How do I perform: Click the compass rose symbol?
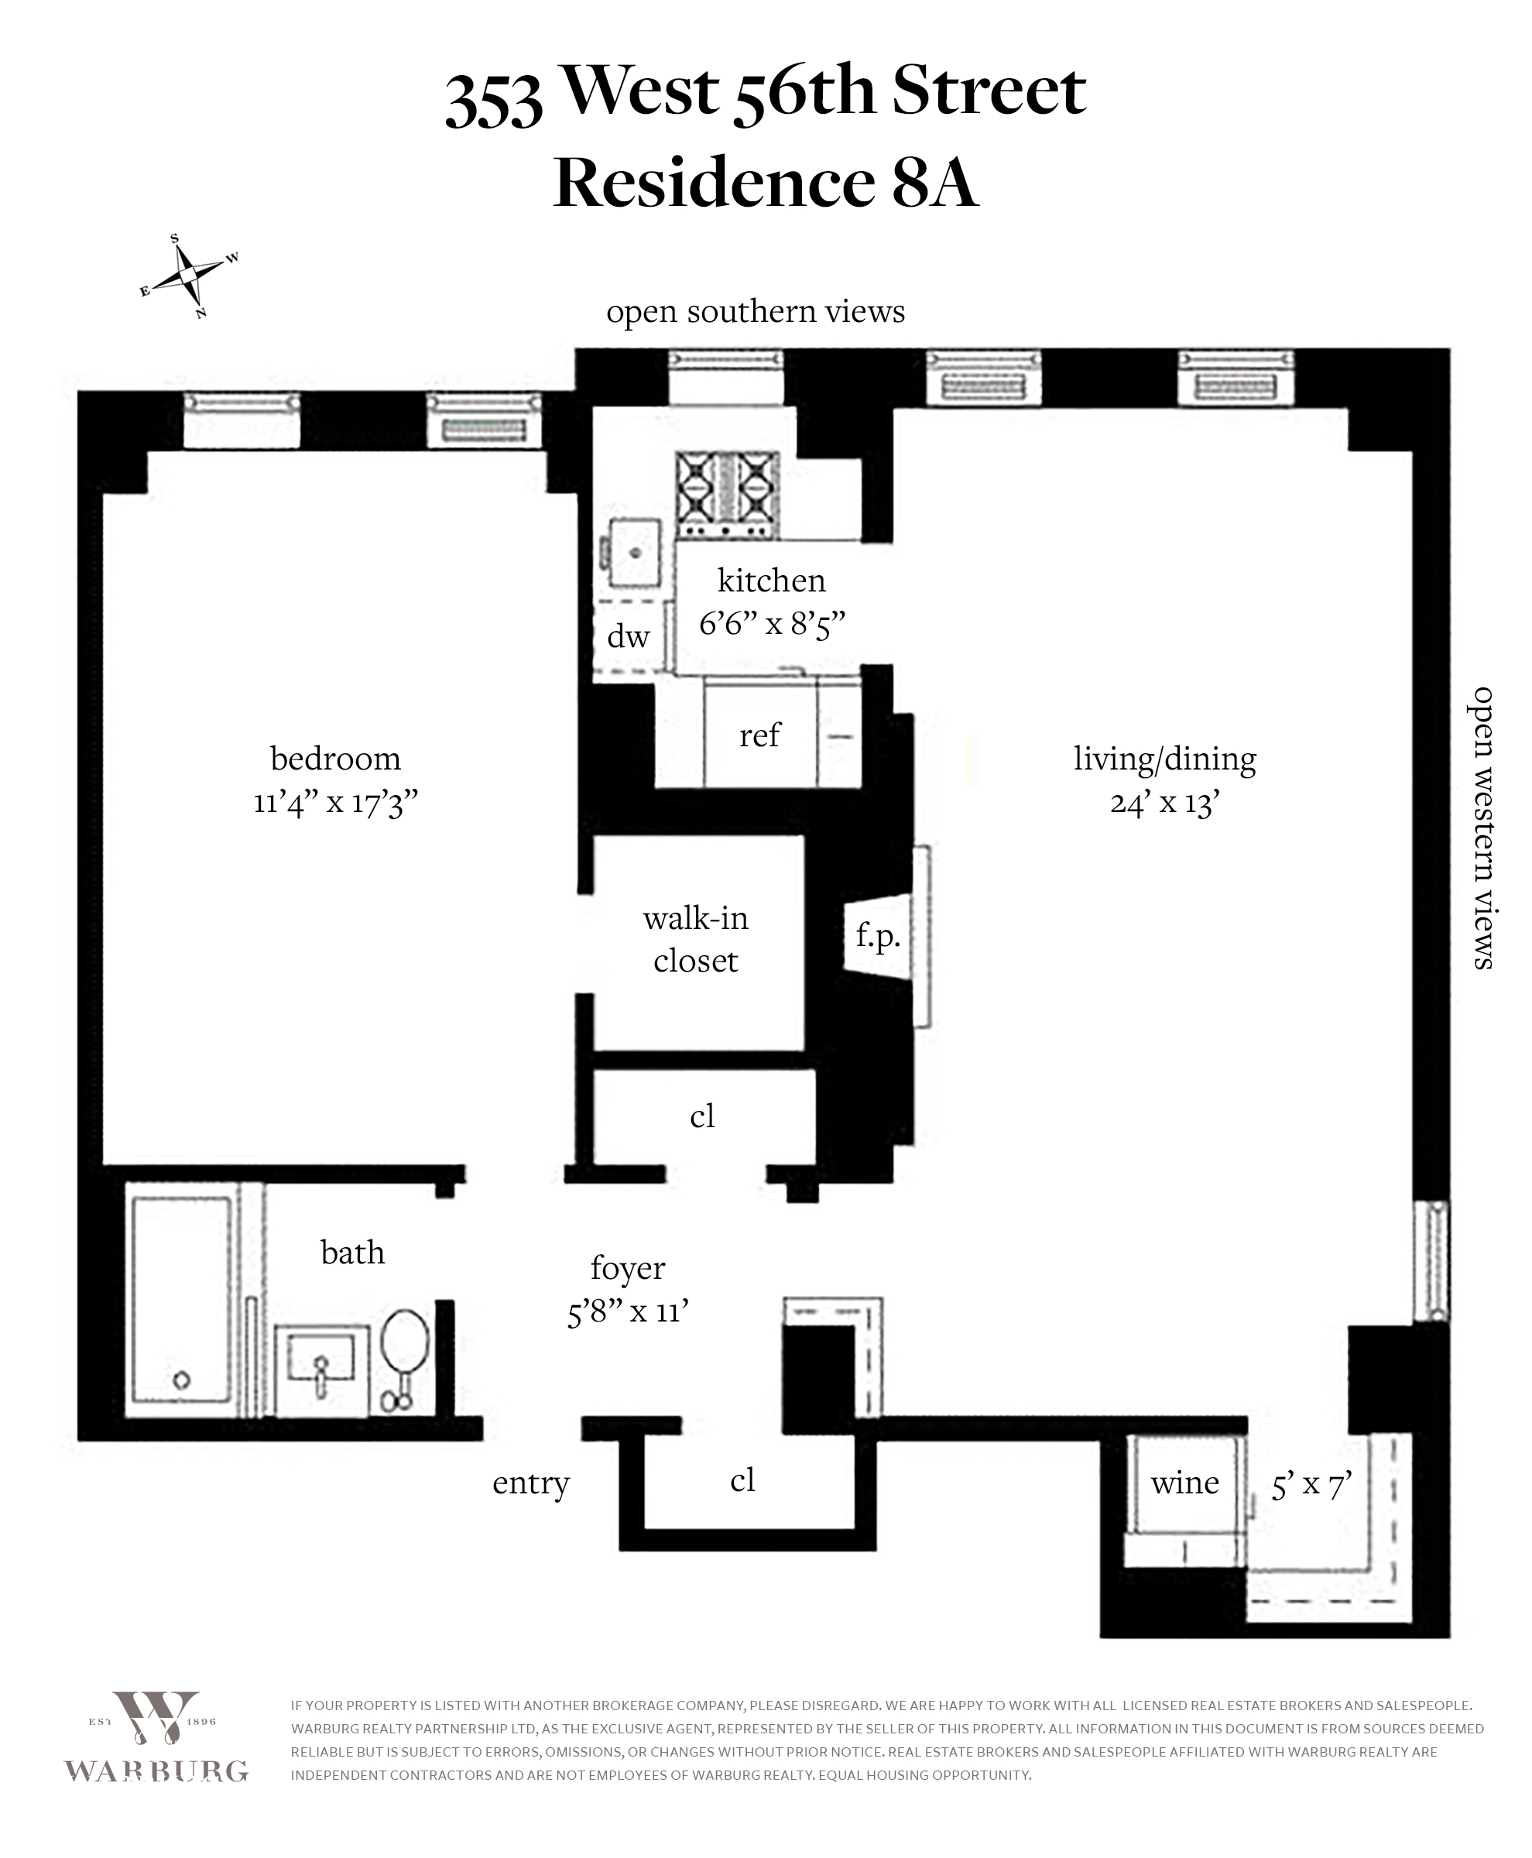coord(189,276)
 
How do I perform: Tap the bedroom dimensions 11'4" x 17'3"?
coord(335,802)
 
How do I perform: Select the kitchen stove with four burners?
coord(727,494)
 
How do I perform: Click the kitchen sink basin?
coord(635,553)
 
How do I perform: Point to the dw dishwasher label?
coord(629,636)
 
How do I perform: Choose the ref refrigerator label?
coord(760,735)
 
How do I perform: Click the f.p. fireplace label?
coord(878,934)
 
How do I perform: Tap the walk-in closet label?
coord(695,939)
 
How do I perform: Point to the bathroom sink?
coord(321,1359)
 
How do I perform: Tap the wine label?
coord(1184,1483)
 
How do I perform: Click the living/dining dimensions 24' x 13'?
coord(1165,802)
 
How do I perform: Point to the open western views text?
coord(1482,828)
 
